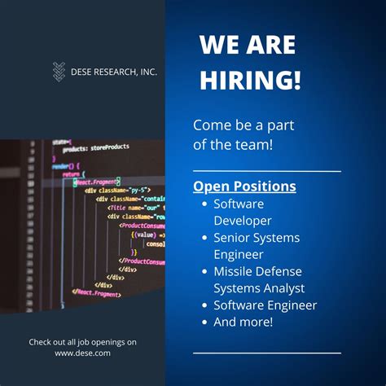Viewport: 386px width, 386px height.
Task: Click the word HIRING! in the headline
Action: pyautogui.click(x=250, y=80)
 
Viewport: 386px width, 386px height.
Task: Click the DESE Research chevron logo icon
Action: pyautogui.click(x=59, y=72)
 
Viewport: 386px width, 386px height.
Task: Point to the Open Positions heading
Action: pyautogui.click(x=244, y=186)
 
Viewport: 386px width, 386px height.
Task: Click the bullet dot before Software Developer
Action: pyautogui.click(x=204, y=204)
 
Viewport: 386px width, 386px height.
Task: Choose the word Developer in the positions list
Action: pyautogui.click(x=243, y=220)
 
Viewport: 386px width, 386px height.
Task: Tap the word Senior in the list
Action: pyautogui.click(x=233, y=237)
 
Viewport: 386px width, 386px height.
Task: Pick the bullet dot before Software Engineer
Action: pyautogui.click(x=204, y=305)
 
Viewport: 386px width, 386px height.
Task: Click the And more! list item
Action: pyautogui.click(x=243, y=322)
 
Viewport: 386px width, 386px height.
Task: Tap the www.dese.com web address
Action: pyautogui.click(x=82, y=353)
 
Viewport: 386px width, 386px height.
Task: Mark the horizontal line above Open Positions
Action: pyautogui.click(x=266, y=172)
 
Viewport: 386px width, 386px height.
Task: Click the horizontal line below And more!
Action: pyautogui.click(x=266, y=353)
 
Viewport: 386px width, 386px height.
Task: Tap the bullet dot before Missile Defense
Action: pyautogui.click(x=204, y=271)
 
